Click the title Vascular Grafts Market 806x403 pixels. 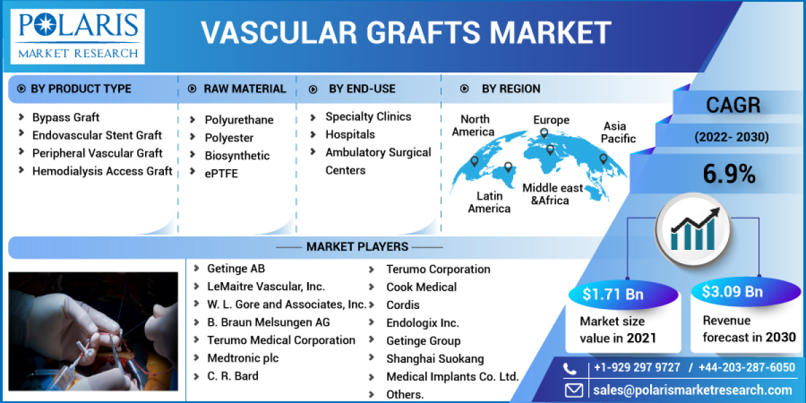pos(406,32)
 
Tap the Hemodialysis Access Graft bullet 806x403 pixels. pos(101,171)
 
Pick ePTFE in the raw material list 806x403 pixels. pos(221,173)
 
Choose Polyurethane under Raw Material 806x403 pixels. pos(238,120)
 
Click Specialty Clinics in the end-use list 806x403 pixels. pos(368,116)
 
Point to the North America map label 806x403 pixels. pos(475,126)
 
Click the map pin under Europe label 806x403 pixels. pos(545,135)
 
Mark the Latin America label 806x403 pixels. pos(489,202)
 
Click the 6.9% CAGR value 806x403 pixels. pos(729,175)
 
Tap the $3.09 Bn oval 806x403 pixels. pos(732,292)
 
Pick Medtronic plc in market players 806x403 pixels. pos(242,358)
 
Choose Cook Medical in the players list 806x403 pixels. pos(421,287)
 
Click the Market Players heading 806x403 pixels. pos(357,247)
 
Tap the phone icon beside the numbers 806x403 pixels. pos(570,369)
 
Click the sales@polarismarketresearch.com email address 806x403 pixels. pos(692,390)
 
